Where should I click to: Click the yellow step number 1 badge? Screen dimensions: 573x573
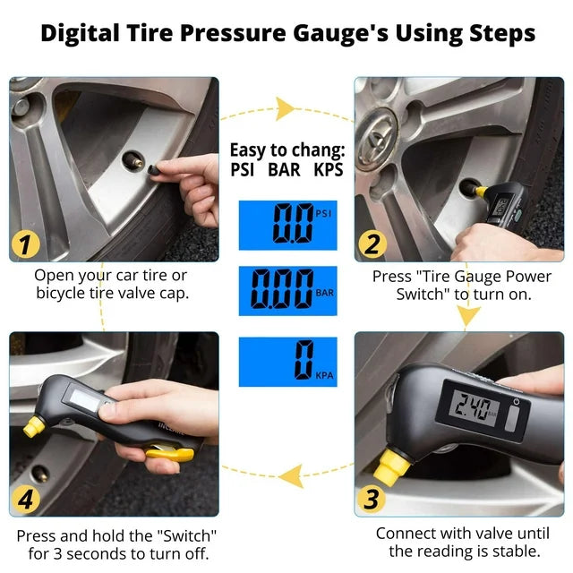click(25, 244)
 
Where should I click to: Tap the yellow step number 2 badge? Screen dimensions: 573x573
click(372, 244)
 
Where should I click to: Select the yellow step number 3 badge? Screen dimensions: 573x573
click(372, 499)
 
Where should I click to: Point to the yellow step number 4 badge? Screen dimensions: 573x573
click(26, 499)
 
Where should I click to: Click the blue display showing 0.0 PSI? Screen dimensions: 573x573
click(288, 225)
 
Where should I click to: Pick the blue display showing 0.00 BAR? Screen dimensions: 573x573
click(288, 291)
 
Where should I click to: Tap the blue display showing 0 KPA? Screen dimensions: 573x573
click(288, 362)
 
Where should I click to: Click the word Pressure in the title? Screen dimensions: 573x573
click(233, 33)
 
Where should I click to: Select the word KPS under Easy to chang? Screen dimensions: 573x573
click(329, 169)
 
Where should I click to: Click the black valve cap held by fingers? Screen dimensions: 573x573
click(153, 169)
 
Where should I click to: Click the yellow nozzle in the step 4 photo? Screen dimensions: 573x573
click(34, 426)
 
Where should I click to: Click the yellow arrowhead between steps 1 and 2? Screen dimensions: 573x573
click(285, 108)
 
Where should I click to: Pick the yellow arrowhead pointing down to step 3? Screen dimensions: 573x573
click(467, 316)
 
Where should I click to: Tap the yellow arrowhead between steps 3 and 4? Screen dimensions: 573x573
click(291, 475)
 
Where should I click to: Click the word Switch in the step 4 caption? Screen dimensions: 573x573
click(187, 536)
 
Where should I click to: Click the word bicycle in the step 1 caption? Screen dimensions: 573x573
click(60, 294)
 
